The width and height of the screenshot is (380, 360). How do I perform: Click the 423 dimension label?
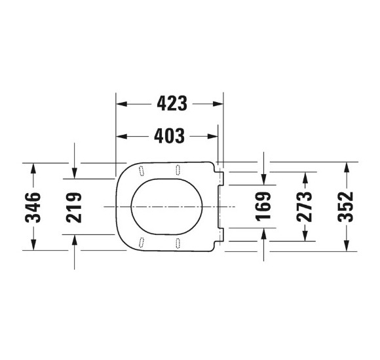[172, 103]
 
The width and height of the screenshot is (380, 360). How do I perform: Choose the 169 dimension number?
[263, 206]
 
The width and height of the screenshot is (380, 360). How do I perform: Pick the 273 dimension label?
[304, 206]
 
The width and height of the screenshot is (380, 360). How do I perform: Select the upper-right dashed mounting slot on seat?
[178, 169]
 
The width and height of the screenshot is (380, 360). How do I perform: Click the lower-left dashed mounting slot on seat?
[140, 242]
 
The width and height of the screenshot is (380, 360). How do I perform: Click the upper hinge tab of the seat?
[221, 177]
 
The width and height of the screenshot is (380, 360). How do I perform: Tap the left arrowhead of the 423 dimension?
[121, 103]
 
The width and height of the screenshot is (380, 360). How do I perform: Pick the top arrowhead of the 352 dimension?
[345, 166]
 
